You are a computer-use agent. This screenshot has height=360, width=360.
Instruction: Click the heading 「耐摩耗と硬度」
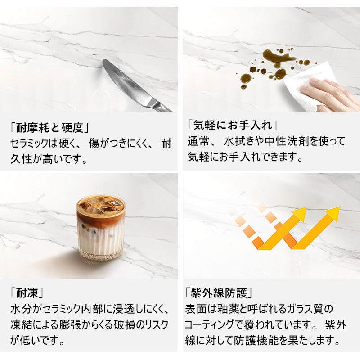coord(49,128)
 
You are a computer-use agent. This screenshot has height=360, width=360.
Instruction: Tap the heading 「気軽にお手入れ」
coord(233,126)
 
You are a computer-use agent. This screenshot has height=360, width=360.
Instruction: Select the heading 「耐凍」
coord(27,293)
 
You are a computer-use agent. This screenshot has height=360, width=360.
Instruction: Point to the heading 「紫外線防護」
coord(219,293)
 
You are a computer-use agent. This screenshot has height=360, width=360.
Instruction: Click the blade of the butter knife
coord(125,81)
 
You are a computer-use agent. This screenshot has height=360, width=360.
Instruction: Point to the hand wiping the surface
coord(331,93)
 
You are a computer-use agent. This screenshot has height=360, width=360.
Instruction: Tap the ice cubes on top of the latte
coord(101,205)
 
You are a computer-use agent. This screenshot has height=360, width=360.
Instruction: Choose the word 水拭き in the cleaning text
coord(239,141)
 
